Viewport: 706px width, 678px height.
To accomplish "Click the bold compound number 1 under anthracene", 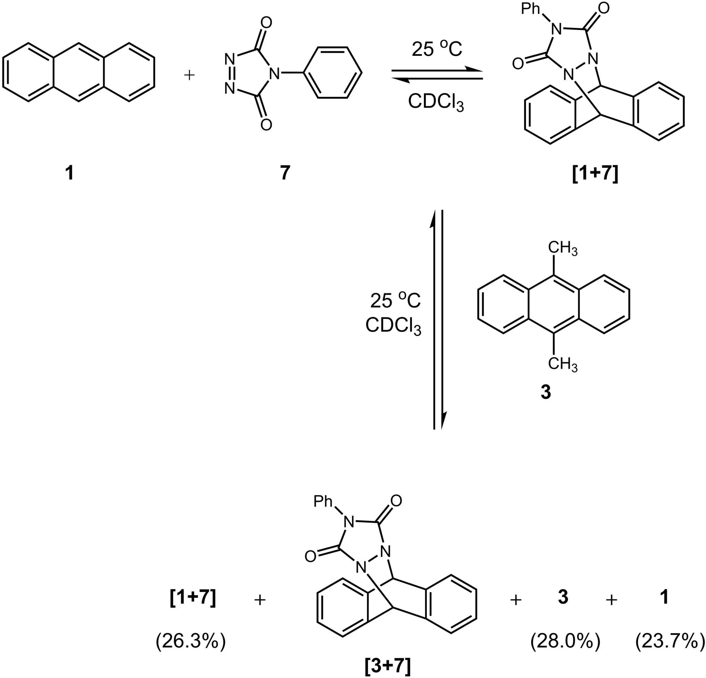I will [x=69, y=173].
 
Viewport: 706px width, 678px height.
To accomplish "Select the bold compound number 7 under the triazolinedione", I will [x=285, y=173].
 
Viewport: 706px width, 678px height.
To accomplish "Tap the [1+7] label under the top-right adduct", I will [x=595, y=174].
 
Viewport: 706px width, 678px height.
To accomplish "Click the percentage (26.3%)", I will [x=191, y=642].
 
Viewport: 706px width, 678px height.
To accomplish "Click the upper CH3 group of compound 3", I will [x=562, y=248].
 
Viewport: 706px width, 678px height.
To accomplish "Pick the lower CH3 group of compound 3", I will [x=562, y=364].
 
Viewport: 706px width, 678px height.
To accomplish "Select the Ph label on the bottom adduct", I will [x=323, y=501].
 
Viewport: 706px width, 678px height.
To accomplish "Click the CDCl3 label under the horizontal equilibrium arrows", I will [x=436, y=103].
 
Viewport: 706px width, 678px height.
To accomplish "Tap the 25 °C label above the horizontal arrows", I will [x=437, y=49].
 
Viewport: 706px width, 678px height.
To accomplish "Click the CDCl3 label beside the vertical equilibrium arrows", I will [x=393, y=326].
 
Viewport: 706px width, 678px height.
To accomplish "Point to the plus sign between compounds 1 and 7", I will [x=190, y=75].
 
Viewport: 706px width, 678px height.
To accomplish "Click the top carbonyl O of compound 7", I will [x=266, y=23].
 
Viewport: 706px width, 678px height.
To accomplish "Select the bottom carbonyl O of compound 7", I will [x=266, y=125].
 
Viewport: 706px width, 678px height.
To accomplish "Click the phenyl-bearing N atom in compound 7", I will [x=275, y=74].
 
